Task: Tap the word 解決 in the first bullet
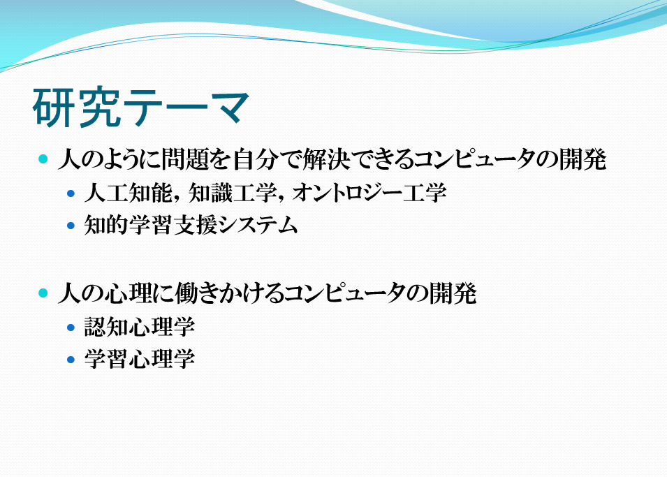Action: click(326, 159)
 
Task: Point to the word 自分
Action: click(256, 159)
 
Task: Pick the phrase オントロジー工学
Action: click(369, 193)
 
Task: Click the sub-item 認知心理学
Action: click(140, 327)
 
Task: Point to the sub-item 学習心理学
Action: click(140, 359)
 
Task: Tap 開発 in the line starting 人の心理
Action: click(453, 293)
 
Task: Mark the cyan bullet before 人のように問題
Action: click(43, 159)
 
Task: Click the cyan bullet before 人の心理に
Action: click(43, 293)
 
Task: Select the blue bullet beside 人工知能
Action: click(71, 193)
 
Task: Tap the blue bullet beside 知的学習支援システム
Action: click(71, 226)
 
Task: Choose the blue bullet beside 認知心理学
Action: click(71, 328)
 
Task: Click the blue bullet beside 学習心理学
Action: click(71, 360)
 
